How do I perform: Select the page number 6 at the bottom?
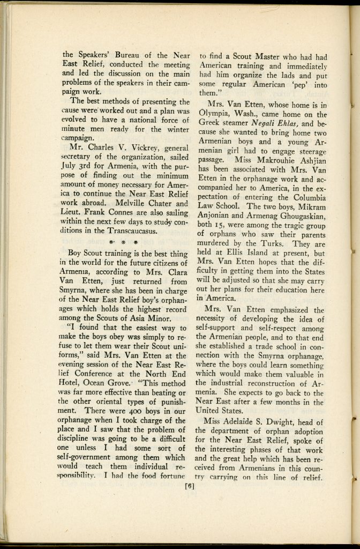[189, 487]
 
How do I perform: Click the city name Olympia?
[215, 115]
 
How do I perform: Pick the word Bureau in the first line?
[129, 55]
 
